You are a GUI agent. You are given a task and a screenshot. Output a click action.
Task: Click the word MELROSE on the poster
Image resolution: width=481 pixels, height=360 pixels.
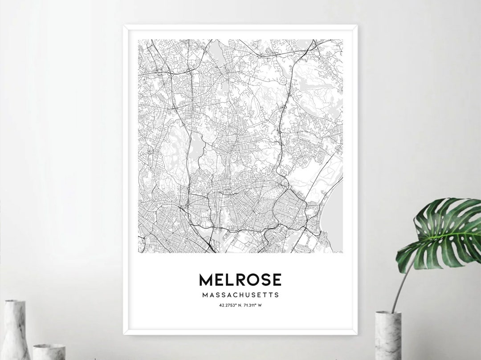point(240,280)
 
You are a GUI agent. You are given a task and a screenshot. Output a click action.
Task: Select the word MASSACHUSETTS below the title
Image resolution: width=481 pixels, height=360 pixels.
point(240,295)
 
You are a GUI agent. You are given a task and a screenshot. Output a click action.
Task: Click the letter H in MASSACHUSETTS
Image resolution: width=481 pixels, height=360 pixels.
point(240,295)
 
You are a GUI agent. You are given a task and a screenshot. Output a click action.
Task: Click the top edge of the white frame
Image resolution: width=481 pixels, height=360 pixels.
point(240,27)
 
